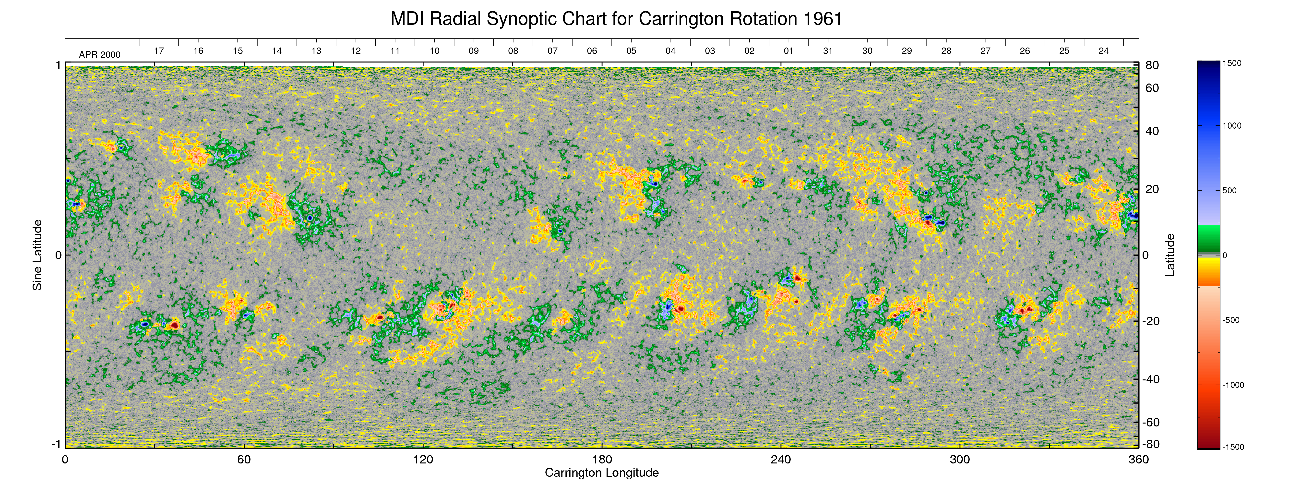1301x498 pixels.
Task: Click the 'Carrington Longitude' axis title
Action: tap(601, 473)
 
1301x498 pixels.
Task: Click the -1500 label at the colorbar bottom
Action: tap(1233, 447)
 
